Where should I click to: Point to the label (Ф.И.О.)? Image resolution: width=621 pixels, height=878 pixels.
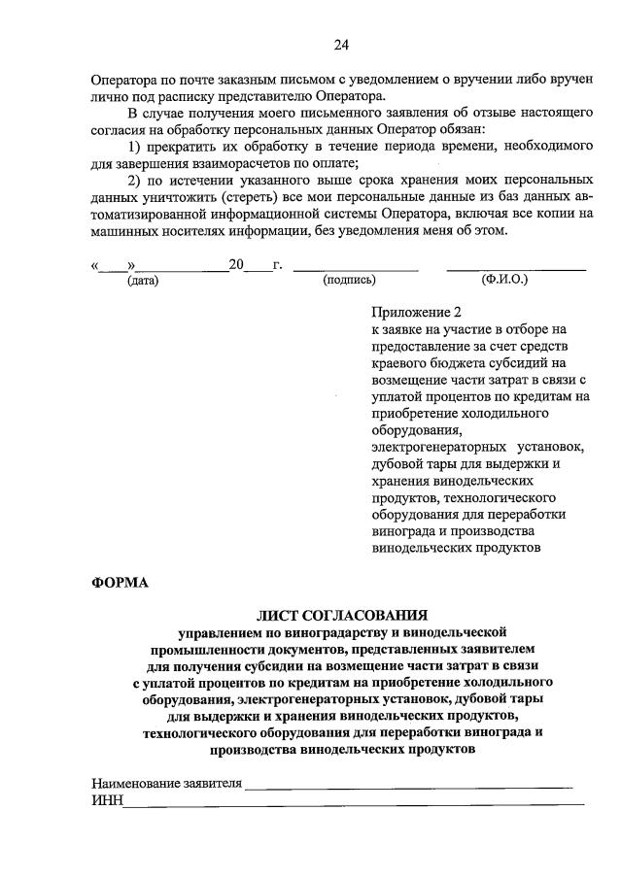pyautogui.click(x=504, y=280)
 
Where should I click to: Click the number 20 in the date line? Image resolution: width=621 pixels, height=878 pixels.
pyautogui.click(x=236, y=263)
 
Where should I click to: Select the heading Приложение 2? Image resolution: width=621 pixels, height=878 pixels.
pyautogui.click(x=414, y=313)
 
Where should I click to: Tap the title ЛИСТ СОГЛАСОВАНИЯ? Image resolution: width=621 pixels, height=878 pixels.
pyautogui.click(x=341, y=615)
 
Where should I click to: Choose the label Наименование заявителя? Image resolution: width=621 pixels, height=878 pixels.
pyautogui.click(x=166, y=784)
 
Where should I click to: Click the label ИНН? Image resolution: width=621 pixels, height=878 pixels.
pyautogui.click(x=106, y=800)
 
